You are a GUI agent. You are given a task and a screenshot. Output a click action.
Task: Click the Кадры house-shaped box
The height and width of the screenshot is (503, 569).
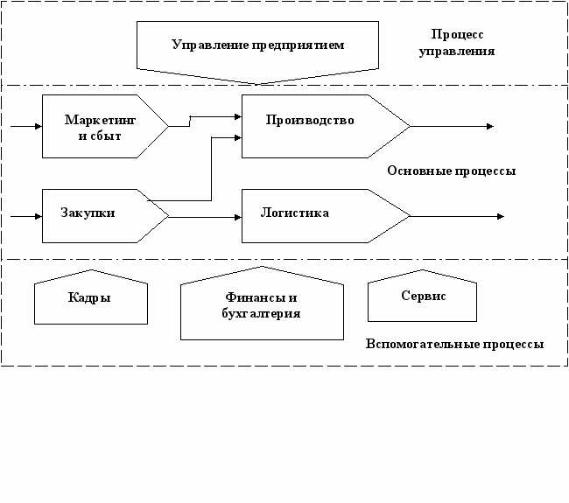click(x=88, y=298)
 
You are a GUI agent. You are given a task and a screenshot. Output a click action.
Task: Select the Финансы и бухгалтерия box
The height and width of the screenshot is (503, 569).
click(x=261, y=306)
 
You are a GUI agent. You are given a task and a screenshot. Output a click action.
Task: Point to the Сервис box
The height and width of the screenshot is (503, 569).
click(x=423, y=297)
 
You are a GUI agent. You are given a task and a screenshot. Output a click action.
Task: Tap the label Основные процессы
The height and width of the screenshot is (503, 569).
click(x=451, y=171)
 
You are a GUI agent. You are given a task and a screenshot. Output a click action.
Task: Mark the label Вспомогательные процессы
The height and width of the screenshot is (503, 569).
click(x=454, y=345)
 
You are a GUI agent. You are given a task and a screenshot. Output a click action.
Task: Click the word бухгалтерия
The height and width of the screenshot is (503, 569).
click(x=262, y=314)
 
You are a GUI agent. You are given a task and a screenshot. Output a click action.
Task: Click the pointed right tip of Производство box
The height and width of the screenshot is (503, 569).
click(x=408, y=127)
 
